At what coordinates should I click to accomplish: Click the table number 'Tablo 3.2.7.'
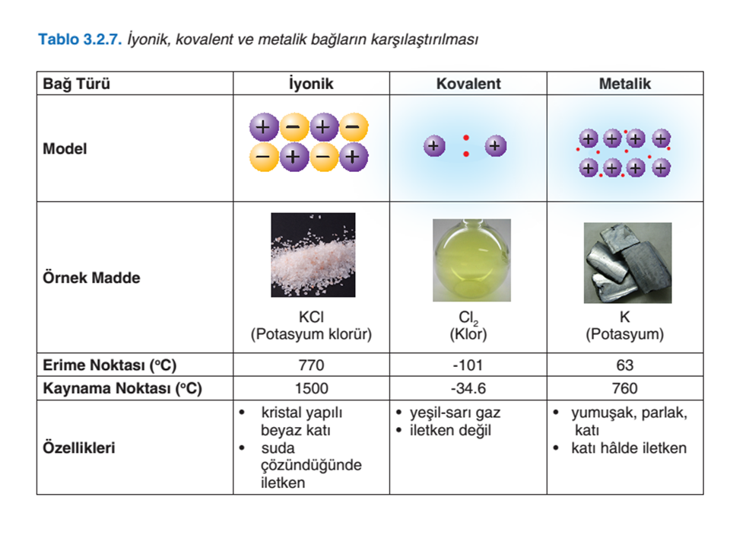(80, 39)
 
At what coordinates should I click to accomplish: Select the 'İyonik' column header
(311, 84)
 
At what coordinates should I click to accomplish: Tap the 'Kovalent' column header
(468, 84)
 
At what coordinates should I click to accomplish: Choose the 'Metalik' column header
(625, 84)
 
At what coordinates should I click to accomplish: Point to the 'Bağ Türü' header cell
(76, 84)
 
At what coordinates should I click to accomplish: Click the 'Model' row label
(65, 148)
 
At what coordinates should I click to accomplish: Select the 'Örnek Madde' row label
(91, 277)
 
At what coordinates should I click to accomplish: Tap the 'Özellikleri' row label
(78, 448)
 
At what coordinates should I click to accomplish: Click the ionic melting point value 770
(311, 365)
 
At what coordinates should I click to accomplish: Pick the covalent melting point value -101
(468, 365)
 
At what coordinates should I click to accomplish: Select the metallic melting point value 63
(625, 365)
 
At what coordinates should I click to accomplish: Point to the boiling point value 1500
(311, 388)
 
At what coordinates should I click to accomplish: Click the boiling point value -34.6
(468, 388)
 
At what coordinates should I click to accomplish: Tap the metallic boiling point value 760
(625, 388)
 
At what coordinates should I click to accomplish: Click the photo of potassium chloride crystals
(313, 255)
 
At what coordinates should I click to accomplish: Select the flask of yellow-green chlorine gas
(471, 260)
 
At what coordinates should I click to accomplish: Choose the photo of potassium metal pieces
(627, 263)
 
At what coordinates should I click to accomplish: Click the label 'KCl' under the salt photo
(311, 317)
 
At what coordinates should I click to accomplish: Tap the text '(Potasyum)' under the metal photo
(625, 334)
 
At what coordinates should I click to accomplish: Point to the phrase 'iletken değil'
(450, 430)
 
